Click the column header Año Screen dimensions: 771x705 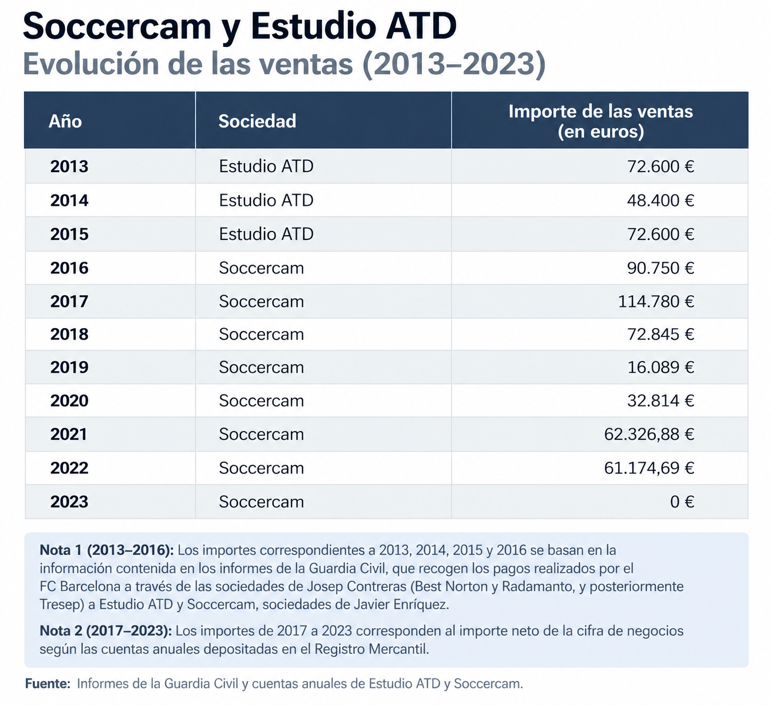coord(65,121)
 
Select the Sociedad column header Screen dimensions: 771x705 coord(257,121)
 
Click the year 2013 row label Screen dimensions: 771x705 coord(69,166)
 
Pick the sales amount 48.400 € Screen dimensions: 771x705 coord(661,201)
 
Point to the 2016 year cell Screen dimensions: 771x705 coord(69,268)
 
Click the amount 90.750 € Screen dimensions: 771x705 coord(661,268)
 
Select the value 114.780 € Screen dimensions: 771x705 coord(656,302)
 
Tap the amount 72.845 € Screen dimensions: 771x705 coord(661,334)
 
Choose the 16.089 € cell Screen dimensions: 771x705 coord(661,367)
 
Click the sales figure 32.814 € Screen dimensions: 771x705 coord(661,401)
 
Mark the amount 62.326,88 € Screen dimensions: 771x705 coord(649,435)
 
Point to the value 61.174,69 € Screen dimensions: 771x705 coord(649,468)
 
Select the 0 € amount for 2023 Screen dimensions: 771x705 coord(682,502)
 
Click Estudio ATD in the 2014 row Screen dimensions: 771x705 coord(266,201)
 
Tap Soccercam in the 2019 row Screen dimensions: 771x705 coord(262,367)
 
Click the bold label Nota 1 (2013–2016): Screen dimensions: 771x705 coord(106,550)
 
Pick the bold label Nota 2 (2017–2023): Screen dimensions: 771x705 coord(106,631)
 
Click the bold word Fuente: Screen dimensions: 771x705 coord(48,683)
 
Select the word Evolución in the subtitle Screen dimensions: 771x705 coord(90,64)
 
